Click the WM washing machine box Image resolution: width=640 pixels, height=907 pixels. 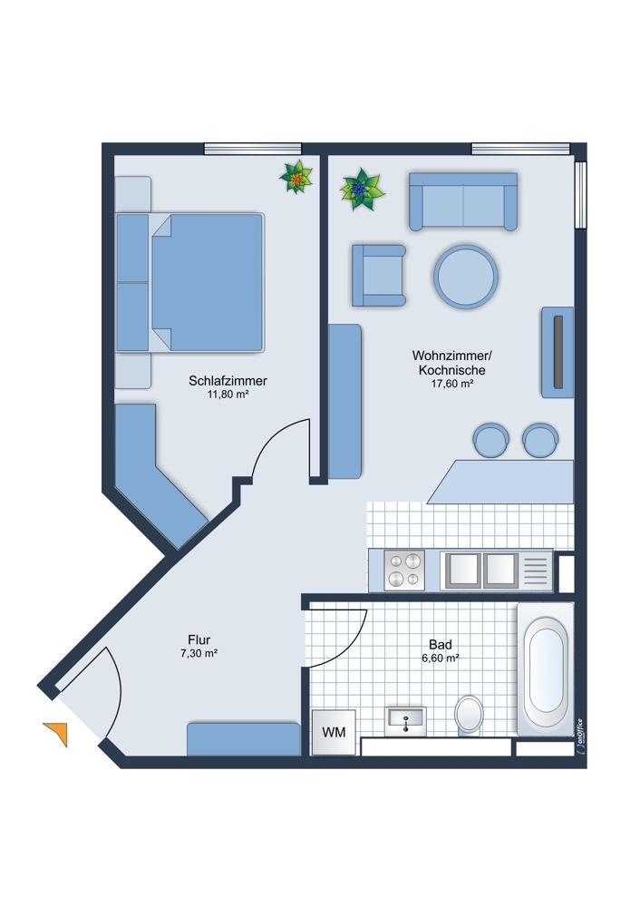[x=334, y=732]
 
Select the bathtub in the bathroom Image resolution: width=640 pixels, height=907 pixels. [x=545, y=669]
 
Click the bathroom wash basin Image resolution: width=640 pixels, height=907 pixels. [x=405, y=721]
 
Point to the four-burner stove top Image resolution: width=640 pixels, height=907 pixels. [x=404, y=571]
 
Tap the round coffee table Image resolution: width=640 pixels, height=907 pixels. [x=466, y=277]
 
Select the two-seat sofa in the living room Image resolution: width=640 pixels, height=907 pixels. [x=463, y=200]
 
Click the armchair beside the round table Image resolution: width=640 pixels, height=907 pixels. [x=379, y=275]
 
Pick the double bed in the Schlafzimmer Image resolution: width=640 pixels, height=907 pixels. [x=190, y=282]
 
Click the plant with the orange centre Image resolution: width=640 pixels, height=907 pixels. [x=296, y=178]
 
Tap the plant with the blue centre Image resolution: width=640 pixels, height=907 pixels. [x=362, y=190]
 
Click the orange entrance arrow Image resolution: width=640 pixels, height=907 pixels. [x=57, y=733]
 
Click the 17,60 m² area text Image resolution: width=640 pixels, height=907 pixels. [x=452, y=383]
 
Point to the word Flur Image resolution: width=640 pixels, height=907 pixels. [x=199, y=639]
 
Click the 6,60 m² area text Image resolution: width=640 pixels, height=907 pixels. [x=441, y=658]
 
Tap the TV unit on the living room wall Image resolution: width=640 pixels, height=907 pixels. [x=558, y=352]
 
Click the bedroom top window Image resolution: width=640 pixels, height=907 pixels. [x=253, y=149]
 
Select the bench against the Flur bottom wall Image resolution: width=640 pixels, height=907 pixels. [x=243, y=738]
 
